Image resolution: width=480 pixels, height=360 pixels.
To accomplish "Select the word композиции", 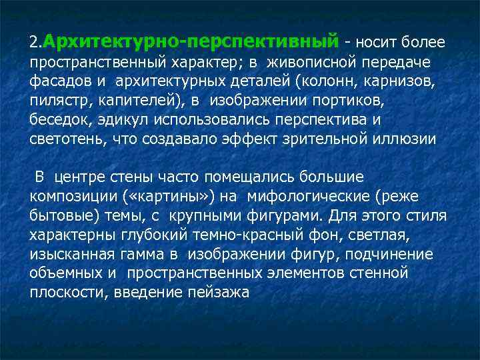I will click(73, 197).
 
